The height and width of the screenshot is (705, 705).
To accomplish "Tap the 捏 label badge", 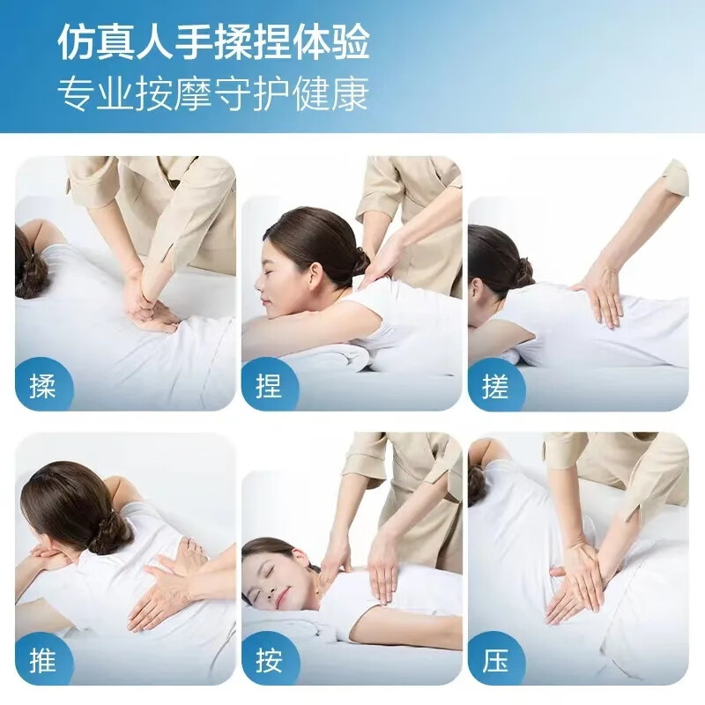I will pyautogui.click(x=269, y=385).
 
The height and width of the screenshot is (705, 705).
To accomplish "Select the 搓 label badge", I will pyautogui.click(x=495, y=385).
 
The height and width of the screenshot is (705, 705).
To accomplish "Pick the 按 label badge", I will pyautogui.click(x=269, y=660).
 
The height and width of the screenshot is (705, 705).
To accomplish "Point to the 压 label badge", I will pyautogui.click(x=495, y=660).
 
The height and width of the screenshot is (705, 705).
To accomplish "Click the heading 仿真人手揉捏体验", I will pyautogui.click(x=214, y=41).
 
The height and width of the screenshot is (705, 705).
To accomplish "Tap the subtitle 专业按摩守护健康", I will pyautogui.click(x=214, y=93).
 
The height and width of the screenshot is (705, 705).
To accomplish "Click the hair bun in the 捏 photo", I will pyautogui.click(x=358, y=260).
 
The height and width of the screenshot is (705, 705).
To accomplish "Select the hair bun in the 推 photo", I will pyautogui.click(x=111, y=533).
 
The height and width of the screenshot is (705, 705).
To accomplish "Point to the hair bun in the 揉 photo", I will pyautogui.click(x=33, y=275).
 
